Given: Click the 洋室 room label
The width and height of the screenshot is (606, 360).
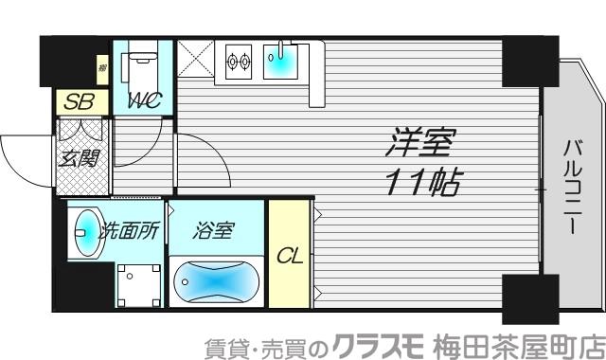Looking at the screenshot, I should pos(421,144).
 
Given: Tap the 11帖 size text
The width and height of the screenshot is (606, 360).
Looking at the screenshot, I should pos(421,181).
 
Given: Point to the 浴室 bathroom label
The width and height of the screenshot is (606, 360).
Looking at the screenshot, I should pos(214,230).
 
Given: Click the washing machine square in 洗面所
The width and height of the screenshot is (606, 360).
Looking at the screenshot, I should pos(137,283).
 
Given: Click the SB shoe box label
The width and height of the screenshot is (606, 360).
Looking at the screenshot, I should pos(76,100).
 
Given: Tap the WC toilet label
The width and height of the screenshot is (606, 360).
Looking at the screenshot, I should pos(143,99).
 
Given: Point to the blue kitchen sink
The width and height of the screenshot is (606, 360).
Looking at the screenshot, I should pos(281,62).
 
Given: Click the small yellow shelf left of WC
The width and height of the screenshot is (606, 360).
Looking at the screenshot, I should pos(102,67).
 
